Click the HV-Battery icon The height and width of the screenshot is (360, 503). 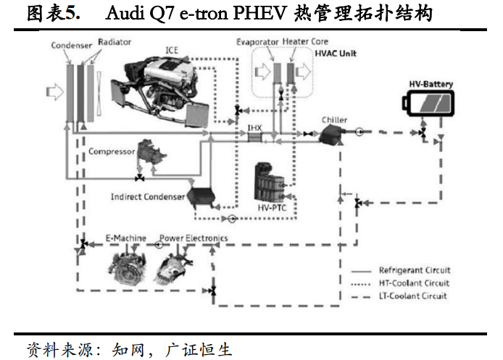[428, 104]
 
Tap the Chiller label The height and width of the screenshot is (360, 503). [334, 120]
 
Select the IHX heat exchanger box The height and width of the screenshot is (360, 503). [255, 137]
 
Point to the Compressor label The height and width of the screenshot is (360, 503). [112, 151]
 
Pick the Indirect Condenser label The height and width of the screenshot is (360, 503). [148, 196]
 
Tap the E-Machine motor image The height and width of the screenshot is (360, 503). [126, 267]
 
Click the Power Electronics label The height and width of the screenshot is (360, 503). [194, 238]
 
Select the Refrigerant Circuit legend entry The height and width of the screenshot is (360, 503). [401, 270]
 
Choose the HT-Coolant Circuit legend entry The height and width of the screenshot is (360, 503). [400, 283]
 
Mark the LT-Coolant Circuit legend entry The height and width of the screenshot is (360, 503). [399, 296]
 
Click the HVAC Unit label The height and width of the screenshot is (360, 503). [336, 53]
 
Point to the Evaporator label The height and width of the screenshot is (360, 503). [257, 42]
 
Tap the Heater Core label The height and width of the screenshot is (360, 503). [305, 41]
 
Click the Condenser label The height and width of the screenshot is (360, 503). [72, 45]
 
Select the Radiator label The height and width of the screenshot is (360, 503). [115, 42]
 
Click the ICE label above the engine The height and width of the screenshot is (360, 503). [172, 50]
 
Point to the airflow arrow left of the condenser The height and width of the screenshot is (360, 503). [55, 92]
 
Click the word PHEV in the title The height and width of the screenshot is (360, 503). [259, 14]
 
